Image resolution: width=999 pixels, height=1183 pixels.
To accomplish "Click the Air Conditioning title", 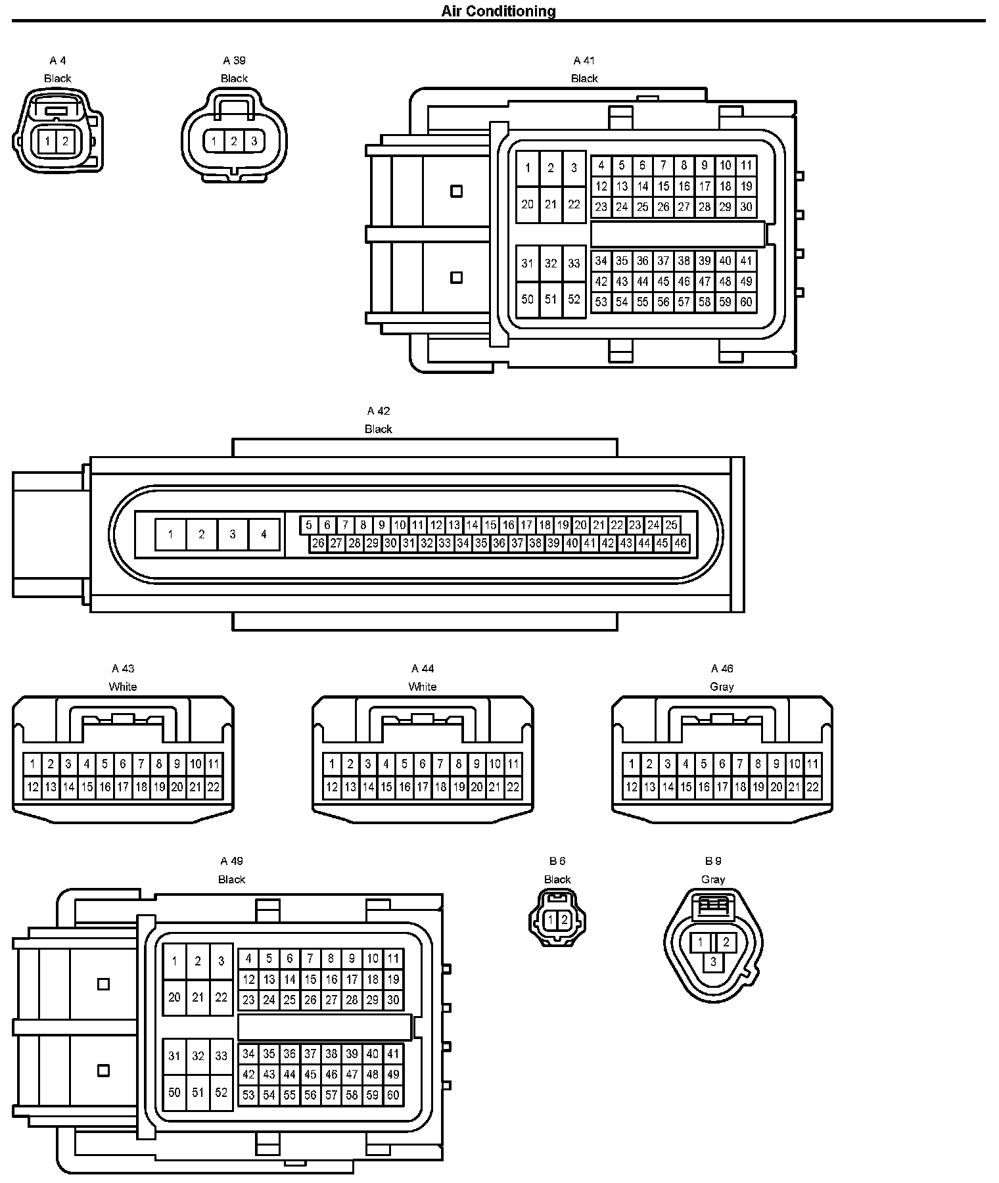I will (x=498, y=11).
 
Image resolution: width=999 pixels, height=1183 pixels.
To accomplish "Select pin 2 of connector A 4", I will (x=65, y=141).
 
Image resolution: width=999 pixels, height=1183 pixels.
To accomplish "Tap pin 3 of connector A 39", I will (x=254, y=141).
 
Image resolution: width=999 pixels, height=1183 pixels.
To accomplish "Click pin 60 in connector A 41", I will (x=746, y=302).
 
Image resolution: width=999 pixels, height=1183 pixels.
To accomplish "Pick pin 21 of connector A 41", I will (x=551, y=204).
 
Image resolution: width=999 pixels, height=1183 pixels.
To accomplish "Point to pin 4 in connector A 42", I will (x=264, y=534).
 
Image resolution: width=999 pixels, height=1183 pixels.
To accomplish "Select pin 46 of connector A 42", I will (x=680, y=544).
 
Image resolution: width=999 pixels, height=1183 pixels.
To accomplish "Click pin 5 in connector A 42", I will (x=309, y=525).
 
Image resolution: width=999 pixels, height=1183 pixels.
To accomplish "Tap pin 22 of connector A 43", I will (x=213, y=787).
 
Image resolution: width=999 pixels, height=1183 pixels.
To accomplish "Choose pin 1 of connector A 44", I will (x=332, y=764).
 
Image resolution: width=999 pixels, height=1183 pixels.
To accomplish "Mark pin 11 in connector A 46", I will (x=813, y=764).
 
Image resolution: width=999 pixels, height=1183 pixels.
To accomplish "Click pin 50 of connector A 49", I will (x=174, y=1092).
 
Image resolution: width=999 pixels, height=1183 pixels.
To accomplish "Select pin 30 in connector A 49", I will (x=393, y=1000).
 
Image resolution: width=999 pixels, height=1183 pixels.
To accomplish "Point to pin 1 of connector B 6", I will (x=551, y=921).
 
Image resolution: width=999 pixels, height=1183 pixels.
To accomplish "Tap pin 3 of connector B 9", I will (x=713, y=962).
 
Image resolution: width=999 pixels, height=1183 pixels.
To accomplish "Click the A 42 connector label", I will (x=379, y=411).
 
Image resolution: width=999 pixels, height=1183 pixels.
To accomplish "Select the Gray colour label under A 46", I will (x=722, y=687).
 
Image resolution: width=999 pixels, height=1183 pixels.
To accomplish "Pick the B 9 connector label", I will (x=713, y=861).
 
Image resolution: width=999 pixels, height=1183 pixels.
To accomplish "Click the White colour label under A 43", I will (x=123, y=687).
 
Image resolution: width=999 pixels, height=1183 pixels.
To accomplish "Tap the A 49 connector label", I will (x=232, y=861).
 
